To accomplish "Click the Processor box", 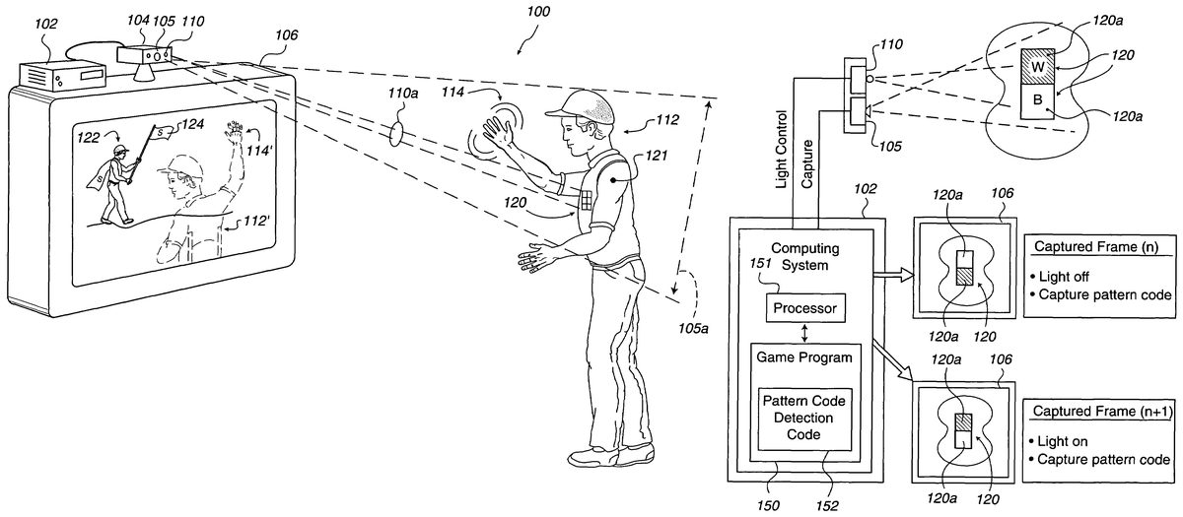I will point(804,309).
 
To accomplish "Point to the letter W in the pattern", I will point(1037,67).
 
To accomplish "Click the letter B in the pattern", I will point(1036,99).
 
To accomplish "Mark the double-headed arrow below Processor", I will point(804,332).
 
